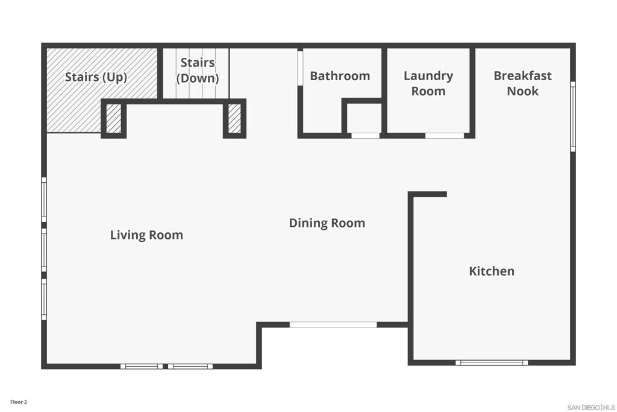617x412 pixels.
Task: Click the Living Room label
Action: coord(146,235)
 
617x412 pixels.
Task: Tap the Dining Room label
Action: coord(327,223)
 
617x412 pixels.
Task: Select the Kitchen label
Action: coord(492,271)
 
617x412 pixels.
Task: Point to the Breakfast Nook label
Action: coord(522,83)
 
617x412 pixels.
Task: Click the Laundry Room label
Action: coord(428,83)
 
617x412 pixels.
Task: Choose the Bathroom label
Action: coord(340,75)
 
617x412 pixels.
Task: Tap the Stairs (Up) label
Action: coord(96,77)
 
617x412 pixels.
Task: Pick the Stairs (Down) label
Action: coord(198,70)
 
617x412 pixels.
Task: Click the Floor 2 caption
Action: coord(19,402)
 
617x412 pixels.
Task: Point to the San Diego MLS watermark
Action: coord(591,407)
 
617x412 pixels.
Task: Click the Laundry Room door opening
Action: coord(445,136)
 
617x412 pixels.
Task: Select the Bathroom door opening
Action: coord(365,136)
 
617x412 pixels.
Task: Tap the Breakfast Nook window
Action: coord(573,116)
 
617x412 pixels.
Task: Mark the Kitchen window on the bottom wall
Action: coord(492,363)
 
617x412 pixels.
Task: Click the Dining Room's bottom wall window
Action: coord(333,325)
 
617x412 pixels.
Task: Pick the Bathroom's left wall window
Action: coord(300,68)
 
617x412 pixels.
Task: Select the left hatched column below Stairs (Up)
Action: coord(114,119)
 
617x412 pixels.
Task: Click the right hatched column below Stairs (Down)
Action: coord(234,119)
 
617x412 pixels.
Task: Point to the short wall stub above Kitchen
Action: coord(427,194)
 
